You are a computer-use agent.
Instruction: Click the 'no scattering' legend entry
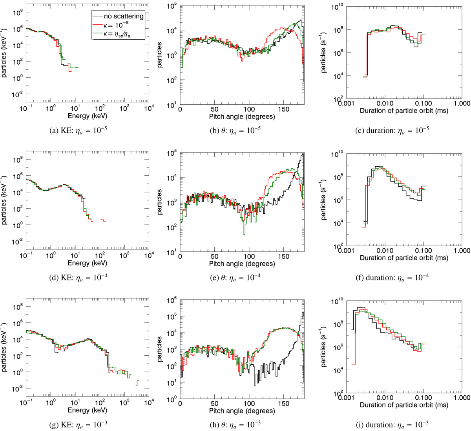123,16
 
